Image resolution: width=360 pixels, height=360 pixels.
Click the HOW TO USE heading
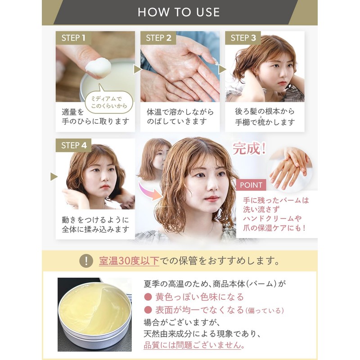click(x=179, y=12)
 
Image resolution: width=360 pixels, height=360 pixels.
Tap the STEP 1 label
click(x=73, y=38)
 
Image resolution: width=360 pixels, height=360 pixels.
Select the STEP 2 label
click(x=158, y=38)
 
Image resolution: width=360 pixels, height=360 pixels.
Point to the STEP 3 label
click(x=243, y=38)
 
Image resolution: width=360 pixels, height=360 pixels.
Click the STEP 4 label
click(x=73, y=145)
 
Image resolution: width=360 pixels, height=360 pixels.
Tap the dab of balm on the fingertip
click(x=100, y=68)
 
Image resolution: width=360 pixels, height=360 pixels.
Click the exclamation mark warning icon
click(x=85, y=261)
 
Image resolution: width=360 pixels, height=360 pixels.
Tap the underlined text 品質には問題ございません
click(x=195, y=345)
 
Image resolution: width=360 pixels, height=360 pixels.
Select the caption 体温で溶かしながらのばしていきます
click(x=180, y=116)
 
